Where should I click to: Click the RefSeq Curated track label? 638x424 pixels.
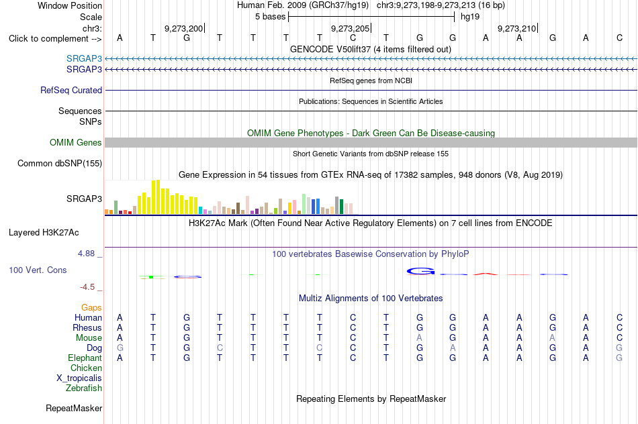click(71, 91)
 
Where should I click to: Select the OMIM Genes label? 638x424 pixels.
click(76, 142)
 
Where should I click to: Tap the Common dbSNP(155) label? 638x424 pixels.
click(60, 164)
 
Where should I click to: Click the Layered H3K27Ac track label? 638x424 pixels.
click(44, 233)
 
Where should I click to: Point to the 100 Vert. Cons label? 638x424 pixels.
click(38, 270)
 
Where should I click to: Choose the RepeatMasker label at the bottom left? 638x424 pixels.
click(74, 408)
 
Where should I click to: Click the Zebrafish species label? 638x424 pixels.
click(84, 388)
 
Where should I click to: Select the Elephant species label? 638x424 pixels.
click(85, 358)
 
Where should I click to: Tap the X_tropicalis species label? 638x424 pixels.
click(79, 378)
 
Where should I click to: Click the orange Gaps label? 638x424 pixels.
click(91, 308)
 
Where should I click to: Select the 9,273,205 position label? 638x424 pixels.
click(350, 28)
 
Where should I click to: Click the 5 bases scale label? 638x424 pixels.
click(271, 17)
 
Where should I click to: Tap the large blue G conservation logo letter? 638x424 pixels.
click(420, 271)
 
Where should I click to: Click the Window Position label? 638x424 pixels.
click(70, 5)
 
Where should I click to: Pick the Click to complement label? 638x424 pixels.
click(55, 39)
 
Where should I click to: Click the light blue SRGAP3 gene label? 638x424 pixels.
click(84, 58)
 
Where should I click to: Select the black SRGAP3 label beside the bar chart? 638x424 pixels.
click(84, 199)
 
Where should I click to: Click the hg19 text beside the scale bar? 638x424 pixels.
click(470, 17)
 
